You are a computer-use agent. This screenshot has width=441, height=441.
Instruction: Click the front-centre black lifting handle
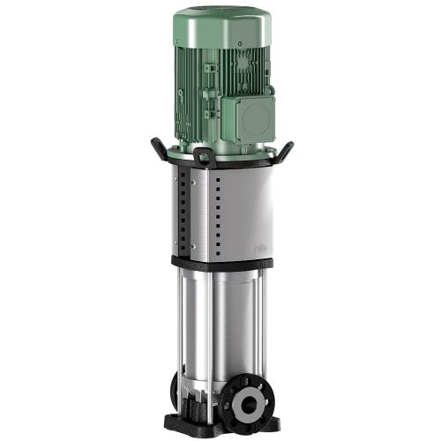(203, 159)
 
